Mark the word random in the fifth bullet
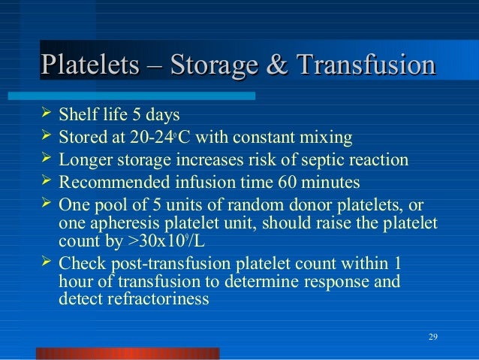pyautogui.click(x=226, y=204)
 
